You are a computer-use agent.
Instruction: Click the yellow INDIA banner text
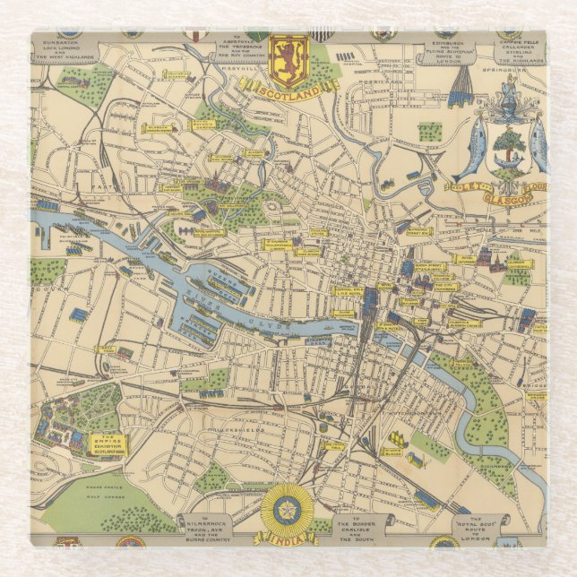click(288, 537)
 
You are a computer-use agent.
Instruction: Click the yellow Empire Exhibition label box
click(106, 444)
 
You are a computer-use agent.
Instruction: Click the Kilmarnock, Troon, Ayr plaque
click(209, 527)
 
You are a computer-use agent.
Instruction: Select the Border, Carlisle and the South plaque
click(363, 527)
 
